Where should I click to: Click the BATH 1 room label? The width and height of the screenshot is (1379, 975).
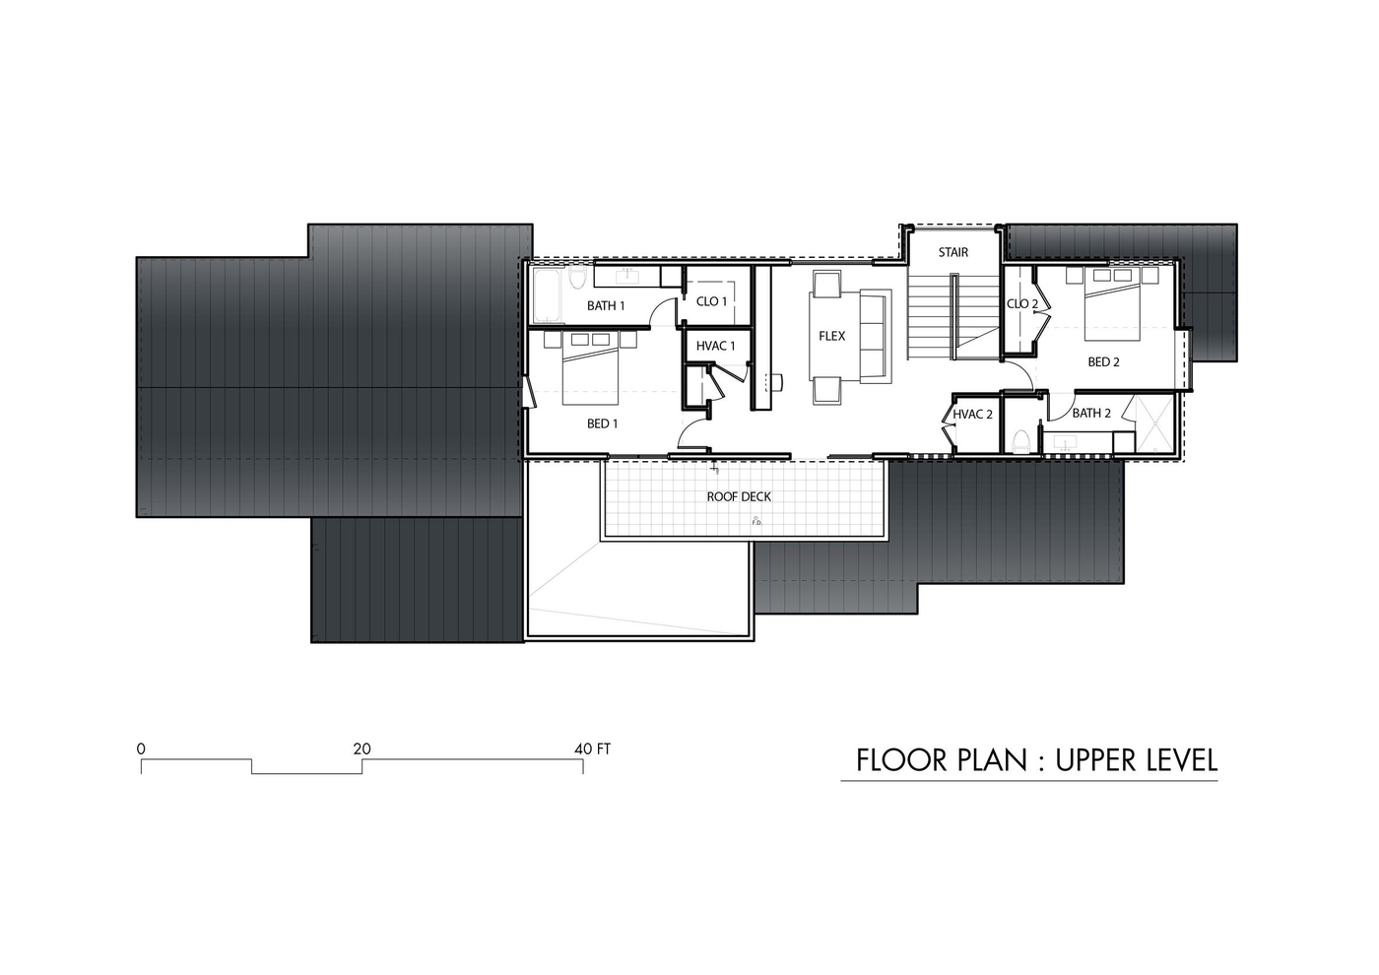point(606,306)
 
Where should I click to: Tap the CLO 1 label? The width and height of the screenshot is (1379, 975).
point(711,301)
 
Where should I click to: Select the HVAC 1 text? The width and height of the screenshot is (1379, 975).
point(715,346)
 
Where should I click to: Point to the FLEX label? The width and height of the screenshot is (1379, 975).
point(831,336)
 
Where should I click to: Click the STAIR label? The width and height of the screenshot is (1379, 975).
point(953,252)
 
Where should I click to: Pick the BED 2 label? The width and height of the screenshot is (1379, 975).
point(1103,362)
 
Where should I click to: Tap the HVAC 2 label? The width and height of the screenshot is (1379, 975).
point(973,415)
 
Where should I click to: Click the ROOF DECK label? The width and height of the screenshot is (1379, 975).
point(739,496)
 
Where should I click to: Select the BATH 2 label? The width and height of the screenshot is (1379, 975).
point(1091,413)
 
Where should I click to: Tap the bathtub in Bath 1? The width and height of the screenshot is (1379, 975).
point(548,296)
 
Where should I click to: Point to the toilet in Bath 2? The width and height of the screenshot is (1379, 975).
point(1020,441)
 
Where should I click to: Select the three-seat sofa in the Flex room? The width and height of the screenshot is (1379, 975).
point(876,336)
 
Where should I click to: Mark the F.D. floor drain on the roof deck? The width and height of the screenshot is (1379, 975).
point(756,521)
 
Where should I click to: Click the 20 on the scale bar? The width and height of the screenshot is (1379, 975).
point(362,749)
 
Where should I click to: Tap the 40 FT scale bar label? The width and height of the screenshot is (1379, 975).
point(592,749)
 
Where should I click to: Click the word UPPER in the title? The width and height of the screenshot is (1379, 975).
point(1096,760)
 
